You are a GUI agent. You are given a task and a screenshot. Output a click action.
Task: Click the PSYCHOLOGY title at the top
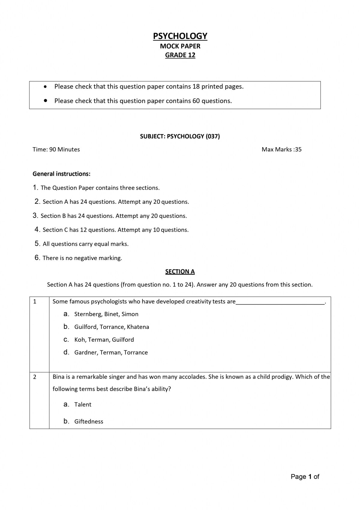180,36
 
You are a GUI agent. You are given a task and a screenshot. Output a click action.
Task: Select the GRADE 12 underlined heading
180,55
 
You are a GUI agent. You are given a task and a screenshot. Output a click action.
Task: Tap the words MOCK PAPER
180,46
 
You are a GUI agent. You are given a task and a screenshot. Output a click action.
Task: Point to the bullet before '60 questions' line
45,101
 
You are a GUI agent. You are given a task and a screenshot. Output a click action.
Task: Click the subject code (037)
213,136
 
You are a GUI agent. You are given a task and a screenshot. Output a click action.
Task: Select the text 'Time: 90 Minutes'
56,149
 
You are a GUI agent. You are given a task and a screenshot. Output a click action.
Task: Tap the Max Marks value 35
298,149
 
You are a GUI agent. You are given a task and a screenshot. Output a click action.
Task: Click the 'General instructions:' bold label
61,174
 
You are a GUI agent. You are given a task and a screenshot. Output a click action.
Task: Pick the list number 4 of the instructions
37,230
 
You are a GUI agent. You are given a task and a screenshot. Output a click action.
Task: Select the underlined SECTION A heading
180,272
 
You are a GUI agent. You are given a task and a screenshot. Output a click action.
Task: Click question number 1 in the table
35,301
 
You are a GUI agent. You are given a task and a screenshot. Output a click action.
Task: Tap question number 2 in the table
35,377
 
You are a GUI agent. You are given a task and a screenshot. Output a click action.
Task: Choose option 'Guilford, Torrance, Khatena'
112,327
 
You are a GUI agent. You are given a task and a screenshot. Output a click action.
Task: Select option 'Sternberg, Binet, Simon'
106,314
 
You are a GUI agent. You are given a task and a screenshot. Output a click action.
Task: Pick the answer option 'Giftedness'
88,422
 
